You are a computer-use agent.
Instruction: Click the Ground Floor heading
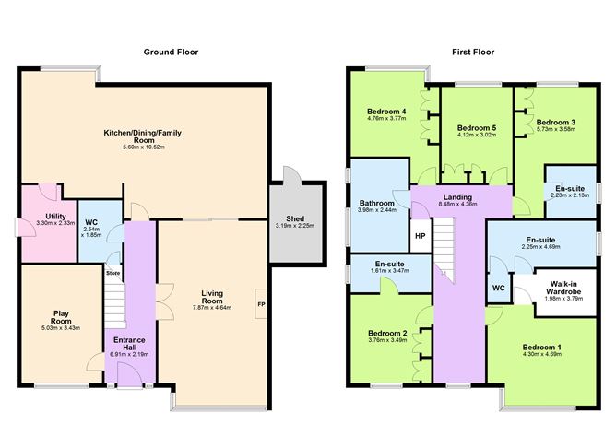pyautogui.click(x=171, y=52)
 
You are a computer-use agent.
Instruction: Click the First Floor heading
pyautogui.click(x=473, y=52)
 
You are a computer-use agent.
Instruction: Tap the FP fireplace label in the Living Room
pyautogui.click(x=261, y=304)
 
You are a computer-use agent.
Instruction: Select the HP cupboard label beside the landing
pyautogui.click(x=420, y=236)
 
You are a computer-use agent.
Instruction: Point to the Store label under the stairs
pyautogui.click(x=113, y=273)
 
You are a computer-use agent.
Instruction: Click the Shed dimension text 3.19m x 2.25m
pyautogui.click(x=295, y=226)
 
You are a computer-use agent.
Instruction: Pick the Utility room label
pyautogui.click(x=55, y=217)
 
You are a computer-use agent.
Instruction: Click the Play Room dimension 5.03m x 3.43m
pyautogui.click(x=61, y=327)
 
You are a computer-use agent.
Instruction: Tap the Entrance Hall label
pyautogui.click(x=129, y=344)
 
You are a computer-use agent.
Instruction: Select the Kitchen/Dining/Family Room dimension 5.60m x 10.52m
pyautogui.click(x=143, y=147)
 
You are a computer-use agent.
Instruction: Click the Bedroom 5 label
pyautogui.click(x=477, y=128)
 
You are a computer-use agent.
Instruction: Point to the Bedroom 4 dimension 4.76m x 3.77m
pyautogui.click(x=386, y=118)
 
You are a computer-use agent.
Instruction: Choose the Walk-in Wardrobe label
pyautogui.click(x=563, y=288)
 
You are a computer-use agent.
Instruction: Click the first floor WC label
pyautogui.click(x=499, y=288)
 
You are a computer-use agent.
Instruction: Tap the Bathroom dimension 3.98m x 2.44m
pyautogui.click(x=377, y=209)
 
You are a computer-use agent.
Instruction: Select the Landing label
pyautogui.click(x=457, y=197)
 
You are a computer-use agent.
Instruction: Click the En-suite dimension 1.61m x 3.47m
pyautogui.click(x=389, y=270)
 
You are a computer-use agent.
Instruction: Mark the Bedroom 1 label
pyautogui.click(x=541, y=348)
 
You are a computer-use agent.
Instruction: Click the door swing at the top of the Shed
pyautogui.click(x=292, y=175)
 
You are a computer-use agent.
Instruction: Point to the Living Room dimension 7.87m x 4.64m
pyautogui.click(x=212, y=308)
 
